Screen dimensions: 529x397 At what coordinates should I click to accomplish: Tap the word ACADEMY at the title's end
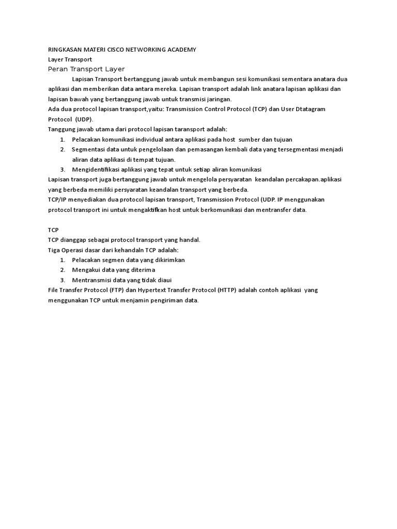point(181,50)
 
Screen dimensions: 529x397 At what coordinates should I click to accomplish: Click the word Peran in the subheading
point(57,69)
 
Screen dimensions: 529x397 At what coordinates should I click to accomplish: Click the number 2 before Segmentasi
point(62,149)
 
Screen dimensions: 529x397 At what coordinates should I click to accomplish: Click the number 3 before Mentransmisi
point(62,280)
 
